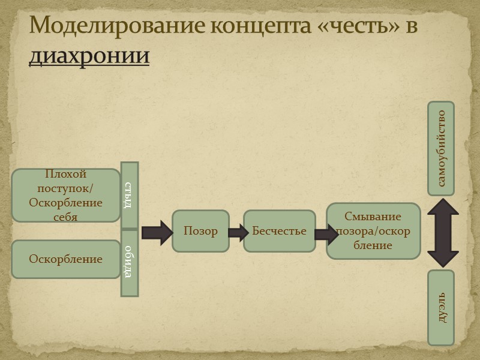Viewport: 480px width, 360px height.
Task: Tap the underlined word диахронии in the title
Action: [x=89, y=55]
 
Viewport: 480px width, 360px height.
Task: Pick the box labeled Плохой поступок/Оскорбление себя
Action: [x=66, y=195]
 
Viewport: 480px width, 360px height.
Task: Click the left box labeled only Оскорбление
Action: [x=66, y=259]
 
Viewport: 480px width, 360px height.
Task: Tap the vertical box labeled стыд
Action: [x=130, y=195]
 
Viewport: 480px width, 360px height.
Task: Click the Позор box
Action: [x=201, y=231]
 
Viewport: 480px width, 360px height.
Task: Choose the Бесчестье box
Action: [x=280, y=231]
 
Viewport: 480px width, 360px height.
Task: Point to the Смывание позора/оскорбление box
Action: [x=373, y=231]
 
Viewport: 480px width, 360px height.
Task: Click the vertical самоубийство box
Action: [x=441, y=148]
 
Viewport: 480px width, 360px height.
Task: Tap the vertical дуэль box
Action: [x=441, y=307]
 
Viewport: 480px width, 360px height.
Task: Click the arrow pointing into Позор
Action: [x=157, y=232]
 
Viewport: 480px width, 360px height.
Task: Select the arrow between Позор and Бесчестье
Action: [x=238, y=232]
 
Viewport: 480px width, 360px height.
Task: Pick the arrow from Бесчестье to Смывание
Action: [x=325, y=233]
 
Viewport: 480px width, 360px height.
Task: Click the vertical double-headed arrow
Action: [x=443, y=233]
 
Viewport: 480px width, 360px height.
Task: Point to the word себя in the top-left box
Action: [x=65, y=217]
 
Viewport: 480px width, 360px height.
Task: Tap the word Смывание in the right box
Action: [x=373, y=217]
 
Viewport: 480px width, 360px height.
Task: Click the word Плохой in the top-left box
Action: [x=66, y=174]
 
